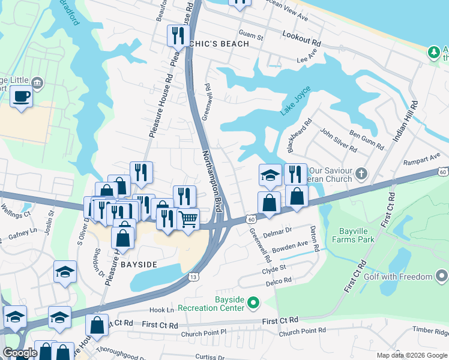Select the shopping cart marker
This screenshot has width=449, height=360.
(x=188, y=220)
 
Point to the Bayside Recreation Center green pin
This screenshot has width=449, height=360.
(x=253, y=302)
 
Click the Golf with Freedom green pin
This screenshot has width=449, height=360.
(x=442, y=277)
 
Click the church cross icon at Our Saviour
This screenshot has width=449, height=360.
(x=361, y=175)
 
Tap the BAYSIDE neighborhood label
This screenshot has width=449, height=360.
(x=139, y=264)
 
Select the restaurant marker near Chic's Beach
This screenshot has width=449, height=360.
(x=177, y=35)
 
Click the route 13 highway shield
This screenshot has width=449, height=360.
(x=193, y=277)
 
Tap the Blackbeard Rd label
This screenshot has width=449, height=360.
(x=300, y=135)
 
